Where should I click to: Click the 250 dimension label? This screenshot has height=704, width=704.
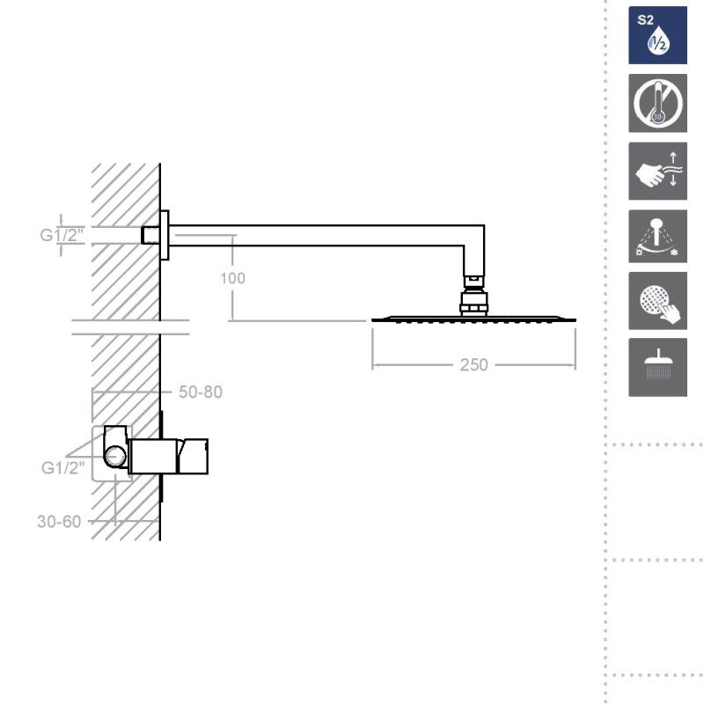473,364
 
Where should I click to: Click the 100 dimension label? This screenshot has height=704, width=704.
232,278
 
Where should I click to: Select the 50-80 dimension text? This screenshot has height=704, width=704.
201,392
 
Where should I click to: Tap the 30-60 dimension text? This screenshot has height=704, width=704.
59,522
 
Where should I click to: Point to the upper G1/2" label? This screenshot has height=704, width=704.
62,235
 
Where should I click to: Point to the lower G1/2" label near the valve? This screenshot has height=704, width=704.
62,468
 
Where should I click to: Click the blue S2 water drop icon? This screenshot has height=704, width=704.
657,35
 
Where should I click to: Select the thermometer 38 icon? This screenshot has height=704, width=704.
657,103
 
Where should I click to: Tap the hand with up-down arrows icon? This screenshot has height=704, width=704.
657,171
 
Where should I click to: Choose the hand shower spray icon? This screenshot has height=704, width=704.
657,236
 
